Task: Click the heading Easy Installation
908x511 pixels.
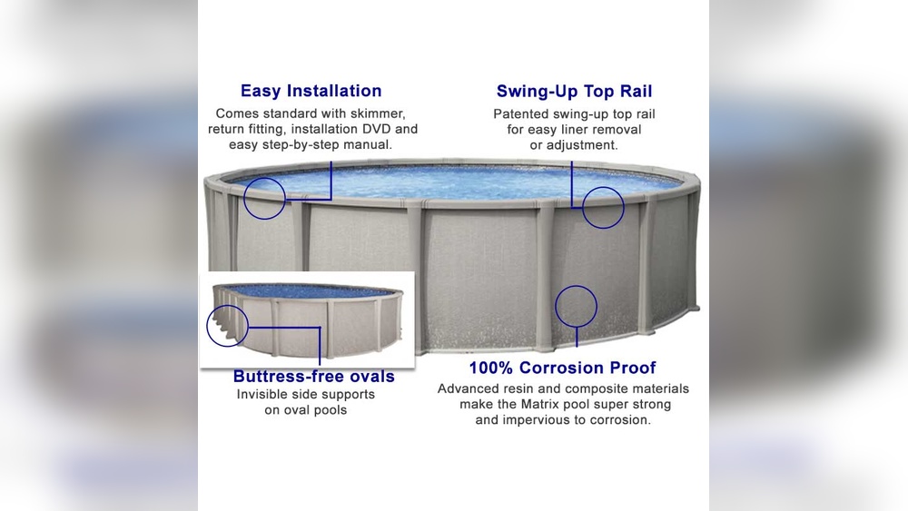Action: tap(311, 91)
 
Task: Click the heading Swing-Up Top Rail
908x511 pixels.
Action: tap(574, 91)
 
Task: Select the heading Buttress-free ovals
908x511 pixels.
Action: tap(313, 376)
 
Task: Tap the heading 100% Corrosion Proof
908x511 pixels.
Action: tap(562, 368)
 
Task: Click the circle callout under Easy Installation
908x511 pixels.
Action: tap(264, 197)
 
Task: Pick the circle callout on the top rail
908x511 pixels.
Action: tap(603, 207)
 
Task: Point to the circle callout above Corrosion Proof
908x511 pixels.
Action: tap(576, 306)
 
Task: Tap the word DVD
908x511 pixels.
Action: tap(376, 129)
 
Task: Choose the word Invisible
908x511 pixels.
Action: tap(265, 395)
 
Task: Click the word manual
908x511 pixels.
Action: tap(368, 144)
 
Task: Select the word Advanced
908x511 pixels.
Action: tap(467, 388)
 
